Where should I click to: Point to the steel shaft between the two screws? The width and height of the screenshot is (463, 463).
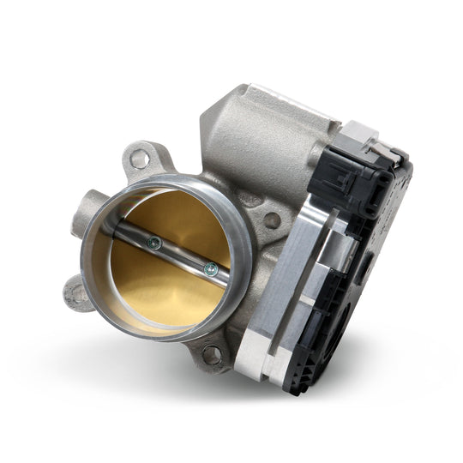(182, 257)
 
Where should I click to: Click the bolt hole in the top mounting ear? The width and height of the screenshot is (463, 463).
(137, 159)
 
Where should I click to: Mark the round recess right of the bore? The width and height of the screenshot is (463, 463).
(272, 220)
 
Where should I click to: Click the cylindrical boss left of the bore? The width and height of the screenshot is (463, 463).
(85, 206)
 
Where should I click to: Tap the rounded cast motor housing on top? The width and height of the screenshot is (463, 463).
(257, 129)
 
